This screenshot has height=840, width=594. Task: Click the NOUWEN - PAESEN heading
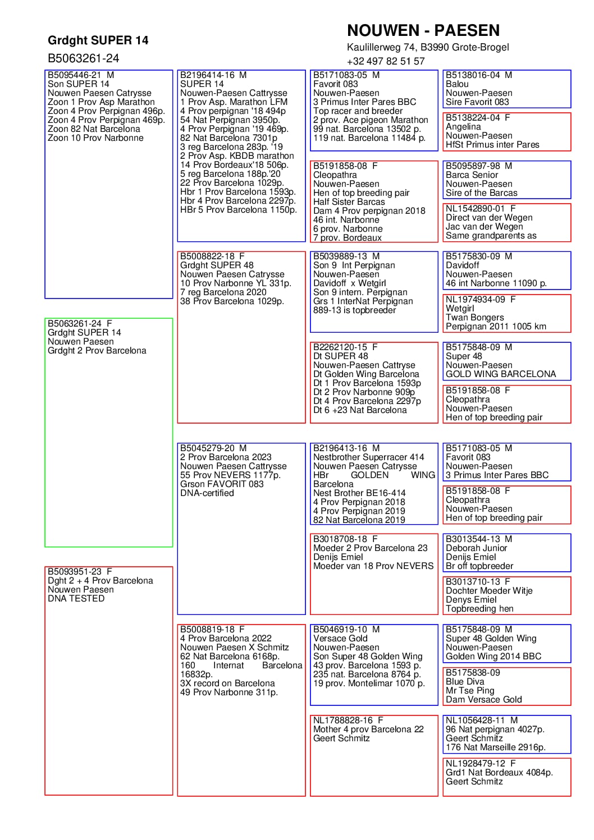423,30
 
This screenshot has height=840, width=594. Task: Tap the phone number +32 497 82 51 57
386,61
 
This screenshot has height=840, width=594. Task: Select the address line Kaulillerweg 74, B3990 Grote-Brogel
428,47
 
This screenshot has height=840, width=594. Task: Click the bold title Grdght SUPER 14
98,40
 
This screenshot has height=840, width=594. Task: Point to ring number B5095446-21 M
81,75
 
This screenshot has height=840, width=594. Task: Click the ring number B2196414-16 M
213,75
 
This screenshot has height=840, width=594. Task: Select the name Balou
457,84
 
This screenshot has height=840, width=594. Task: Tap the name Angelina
463,127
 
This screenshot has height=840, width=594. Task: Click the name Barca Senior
472,175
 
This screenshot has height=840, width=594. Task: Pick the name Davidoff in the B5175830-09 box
462,265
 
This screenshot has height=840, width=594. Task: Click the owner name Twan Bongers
474,318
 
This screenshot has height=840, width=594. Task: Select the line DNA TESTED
76,599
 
